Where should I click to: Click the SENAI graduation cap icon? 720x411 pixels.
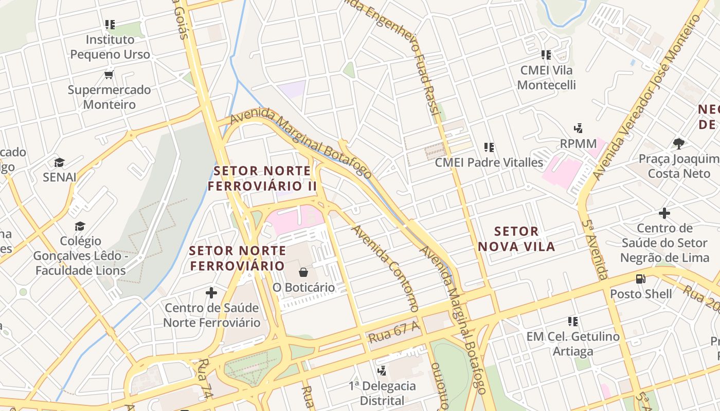(x=59, y=163)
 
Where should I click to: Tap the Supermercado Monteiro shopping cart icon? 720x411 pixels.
(x=109, y=75)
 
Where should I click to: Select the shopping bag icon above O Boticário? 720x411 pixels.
(x=303, y=272)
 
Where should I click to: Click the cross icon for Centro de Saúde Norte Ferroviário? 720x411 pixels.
(x=211, y=293)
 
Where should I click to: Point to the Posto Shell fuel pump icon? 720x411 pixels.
(x=640, y=279)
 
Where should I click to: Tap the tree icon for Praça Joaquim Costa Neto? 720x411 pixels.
(x=679, y=143)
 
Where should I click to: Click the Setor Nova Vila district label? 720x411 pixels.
(x=516, y=239)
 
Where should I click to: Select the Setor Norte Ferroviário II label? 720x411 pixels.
(x=262, y=178)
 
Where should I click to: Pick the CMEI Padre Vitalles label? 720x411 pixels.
(x=489, y=162)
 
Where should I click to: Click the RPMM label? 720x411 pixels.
(x=578, y=143)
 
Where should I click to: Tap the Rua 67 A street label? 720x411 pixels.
(x=394, y=332)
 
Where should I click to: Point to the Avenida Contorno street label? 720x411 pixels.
(x=384, y=267)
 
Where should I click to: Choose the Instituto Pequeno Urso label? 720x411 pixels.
(x=110, y=47)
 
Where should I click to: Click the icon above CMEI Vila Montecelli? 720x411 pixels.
(x=546, y=54)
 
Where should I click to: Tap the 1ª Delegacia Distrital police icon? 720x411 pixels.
(x=382, y=370)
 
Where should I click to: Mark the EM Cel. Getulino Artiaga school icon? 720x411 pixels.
(x=572, y=322)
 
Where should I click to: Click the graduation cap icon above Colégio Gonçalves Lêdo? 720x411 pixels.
(x=80, y=226)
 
